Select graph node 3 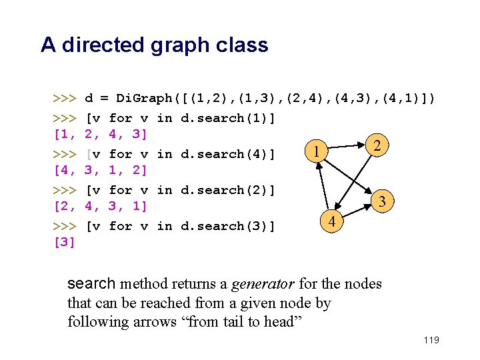pos(383,201)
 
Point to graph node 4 pos(332,221)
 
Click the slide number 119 pos(431,341)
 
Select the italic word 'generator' pos(263,284)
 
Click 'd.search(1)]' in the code pos(228,118)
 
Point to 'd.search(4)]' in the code pos(228,154)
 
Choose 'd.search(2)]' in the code pos(228,190)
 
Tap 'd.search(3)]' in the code pos(228,226)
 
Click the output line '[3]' pos(64,241)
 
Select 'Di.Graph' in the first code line pos(144,99)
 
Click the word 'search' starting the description pos(92,284)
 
